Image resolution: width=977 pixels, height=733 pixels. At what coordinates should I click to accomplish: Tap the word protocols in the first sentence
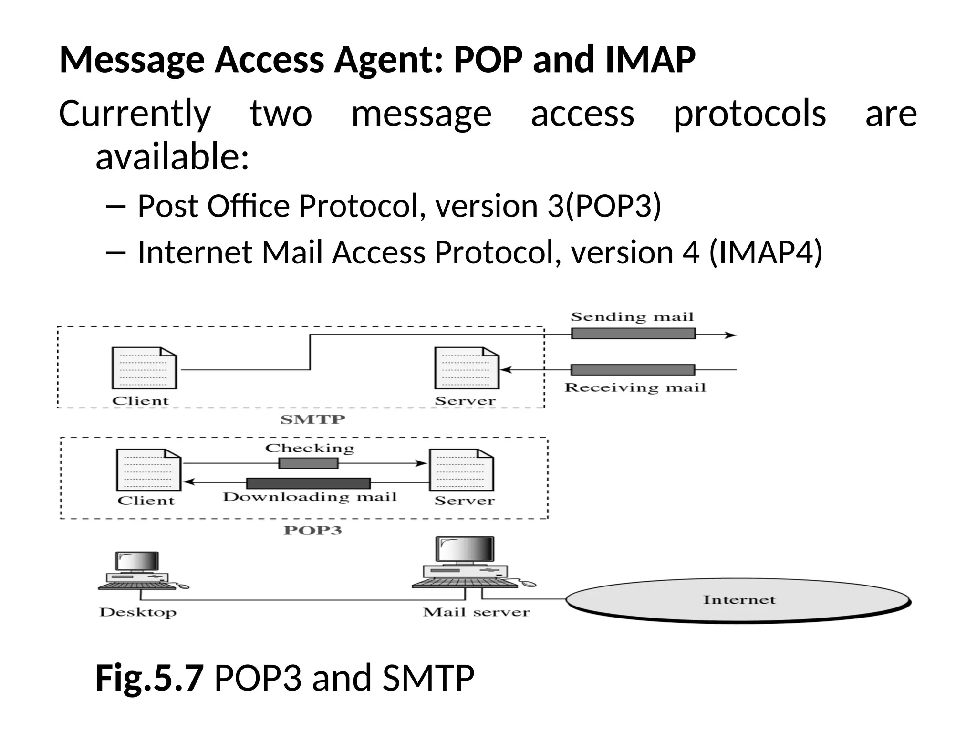[749, 115]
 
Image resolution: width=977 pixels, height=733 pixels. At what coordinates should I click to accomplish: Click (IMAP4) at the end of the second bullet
[766, 252]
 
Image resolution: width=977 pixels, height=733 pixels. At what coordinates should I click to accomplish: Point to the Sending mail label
[632, 317]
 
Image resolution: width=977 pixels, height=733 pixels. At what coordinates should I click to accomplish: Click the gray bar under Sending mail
[633, 334]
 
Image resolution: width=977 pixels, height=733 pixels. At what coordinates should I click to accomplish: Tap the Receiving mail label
[635, 387]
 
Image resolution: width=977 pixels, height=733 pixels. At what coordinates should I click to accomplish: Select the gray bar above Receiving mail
[633, 370]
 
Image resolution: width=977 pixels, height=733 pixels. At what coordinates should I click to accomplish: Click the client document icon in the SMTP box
[144, 368]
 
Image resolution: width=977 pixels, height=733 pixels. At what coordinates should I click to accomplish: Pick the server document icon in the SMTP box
[467, 368]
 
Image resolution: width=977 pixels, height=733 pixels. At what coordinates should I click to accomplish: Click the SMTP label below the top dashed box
[312, 419]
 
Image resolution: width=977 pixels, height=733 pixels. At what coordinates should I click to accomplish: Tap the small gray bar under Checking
[308, 463]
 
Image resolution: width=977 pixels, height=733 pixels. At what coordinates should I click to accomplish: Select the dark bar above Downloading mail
[308, 483]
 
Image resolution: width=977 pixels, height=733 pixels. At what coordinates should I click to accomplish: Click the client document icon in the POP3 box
[149, 470]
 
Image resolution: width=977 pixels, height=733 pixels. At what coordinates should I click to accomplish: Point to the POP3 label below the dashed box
[312, 531]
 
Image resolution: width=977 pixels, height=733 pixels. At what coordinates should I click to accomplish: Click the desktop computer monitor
[137, 562]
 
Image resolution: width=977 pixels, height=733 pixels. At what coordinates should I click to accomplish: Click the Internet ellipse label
[739, 600]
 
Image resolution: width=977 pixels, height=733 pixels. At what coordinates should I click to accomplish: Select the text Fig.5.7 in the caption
[149, 678]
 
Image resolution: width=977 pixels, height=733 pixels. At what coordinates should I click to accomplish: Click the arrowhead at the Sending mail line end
[732, 335]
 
